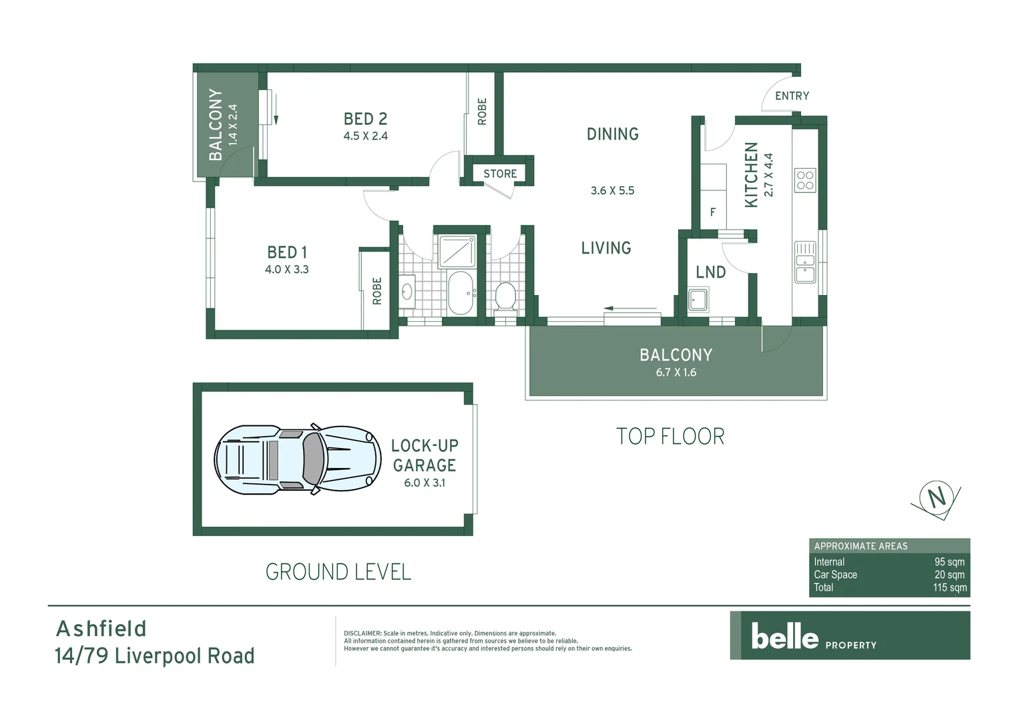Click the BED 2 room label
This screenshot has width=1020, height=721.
tap(365, 119)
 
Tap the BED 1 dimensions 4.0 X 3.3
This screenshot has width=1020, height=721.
tap(286, 270)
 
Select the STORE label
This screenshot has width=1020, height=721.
tap(500, 174)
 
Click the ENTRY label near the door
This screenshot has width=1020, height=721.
tap(792, 96)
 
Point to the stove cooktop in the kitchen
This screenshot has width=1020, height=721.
tap(805, 181)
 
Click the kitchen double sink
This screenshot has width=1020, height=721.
tap(805, 262)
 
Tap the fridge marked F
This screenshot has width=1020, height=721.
tap(713, 212)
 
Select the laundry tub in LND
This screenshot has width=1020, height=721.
tap(698, 300)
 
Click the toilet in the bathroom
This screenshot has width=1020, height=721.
tap(505, 296)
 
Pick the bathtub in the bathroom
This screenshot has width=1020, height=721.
tap(460, 292)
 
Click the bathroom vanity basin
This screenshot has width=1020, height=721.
tap(407, 292)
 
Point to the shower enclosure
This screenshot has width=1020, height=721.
tap(457, 252)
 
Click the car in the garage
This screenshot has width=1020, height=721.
tap(297, 461)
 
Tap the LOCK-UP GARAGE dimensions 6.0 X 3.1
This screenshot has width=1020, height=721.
tap(424, 483)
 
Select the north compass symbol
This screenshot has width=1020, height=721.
tap(937, 498)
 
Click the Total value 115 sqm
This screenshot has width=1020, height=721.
tap(949, 587)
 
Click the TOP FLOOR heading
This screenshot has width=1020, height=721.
tap(670, 437)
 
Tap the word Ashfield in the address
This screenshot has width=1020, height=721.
tap(101, 629)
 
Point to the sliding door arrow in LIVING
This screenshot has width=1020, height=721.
tap(631, 308)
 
